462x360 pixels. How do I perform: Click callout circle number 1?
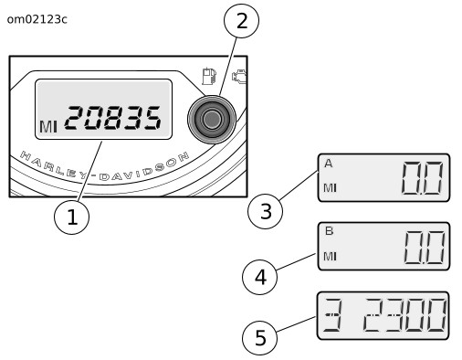[x=72, y=217]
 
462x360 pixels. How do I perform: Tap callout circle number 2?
[x=241, y=21]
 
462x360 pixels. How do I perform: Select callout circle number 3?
[x=266, y=211]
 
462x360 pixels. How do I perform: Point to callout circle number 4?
[x=260, y=277]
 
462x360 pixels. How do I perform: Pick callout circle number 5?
[x=260, y=337]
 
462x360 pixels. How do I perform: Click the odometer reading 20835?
[x=112, y=118]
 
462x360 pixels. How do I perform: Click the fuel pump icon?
[x=209, y=76]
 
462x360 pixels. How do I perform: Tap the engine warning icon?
[x=239, y=77]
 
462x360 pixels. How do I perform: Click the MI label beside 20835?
[x=48, y=127]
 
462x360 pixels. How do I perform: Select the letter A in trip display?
[x=329, y=164]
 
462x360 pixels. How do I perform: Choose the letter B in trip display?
[x=329, y=231]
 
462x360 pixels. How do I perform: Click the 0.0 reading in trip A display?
[x=422, y=178]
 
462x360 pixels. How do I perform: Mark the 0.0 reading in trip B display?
[x=424, y=248]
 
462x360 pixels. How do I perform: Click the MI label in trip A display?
[x=330, y=188]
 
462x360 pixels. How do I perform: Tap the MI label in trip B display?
[x=330, y=257]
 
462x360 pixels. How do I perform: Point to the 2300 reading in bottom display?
[x=405, y=315]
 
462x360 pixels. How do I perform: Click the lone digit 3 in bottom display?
[x=332, y=315]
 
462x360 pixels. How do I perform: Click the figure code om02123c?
[x=37, y=19]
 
